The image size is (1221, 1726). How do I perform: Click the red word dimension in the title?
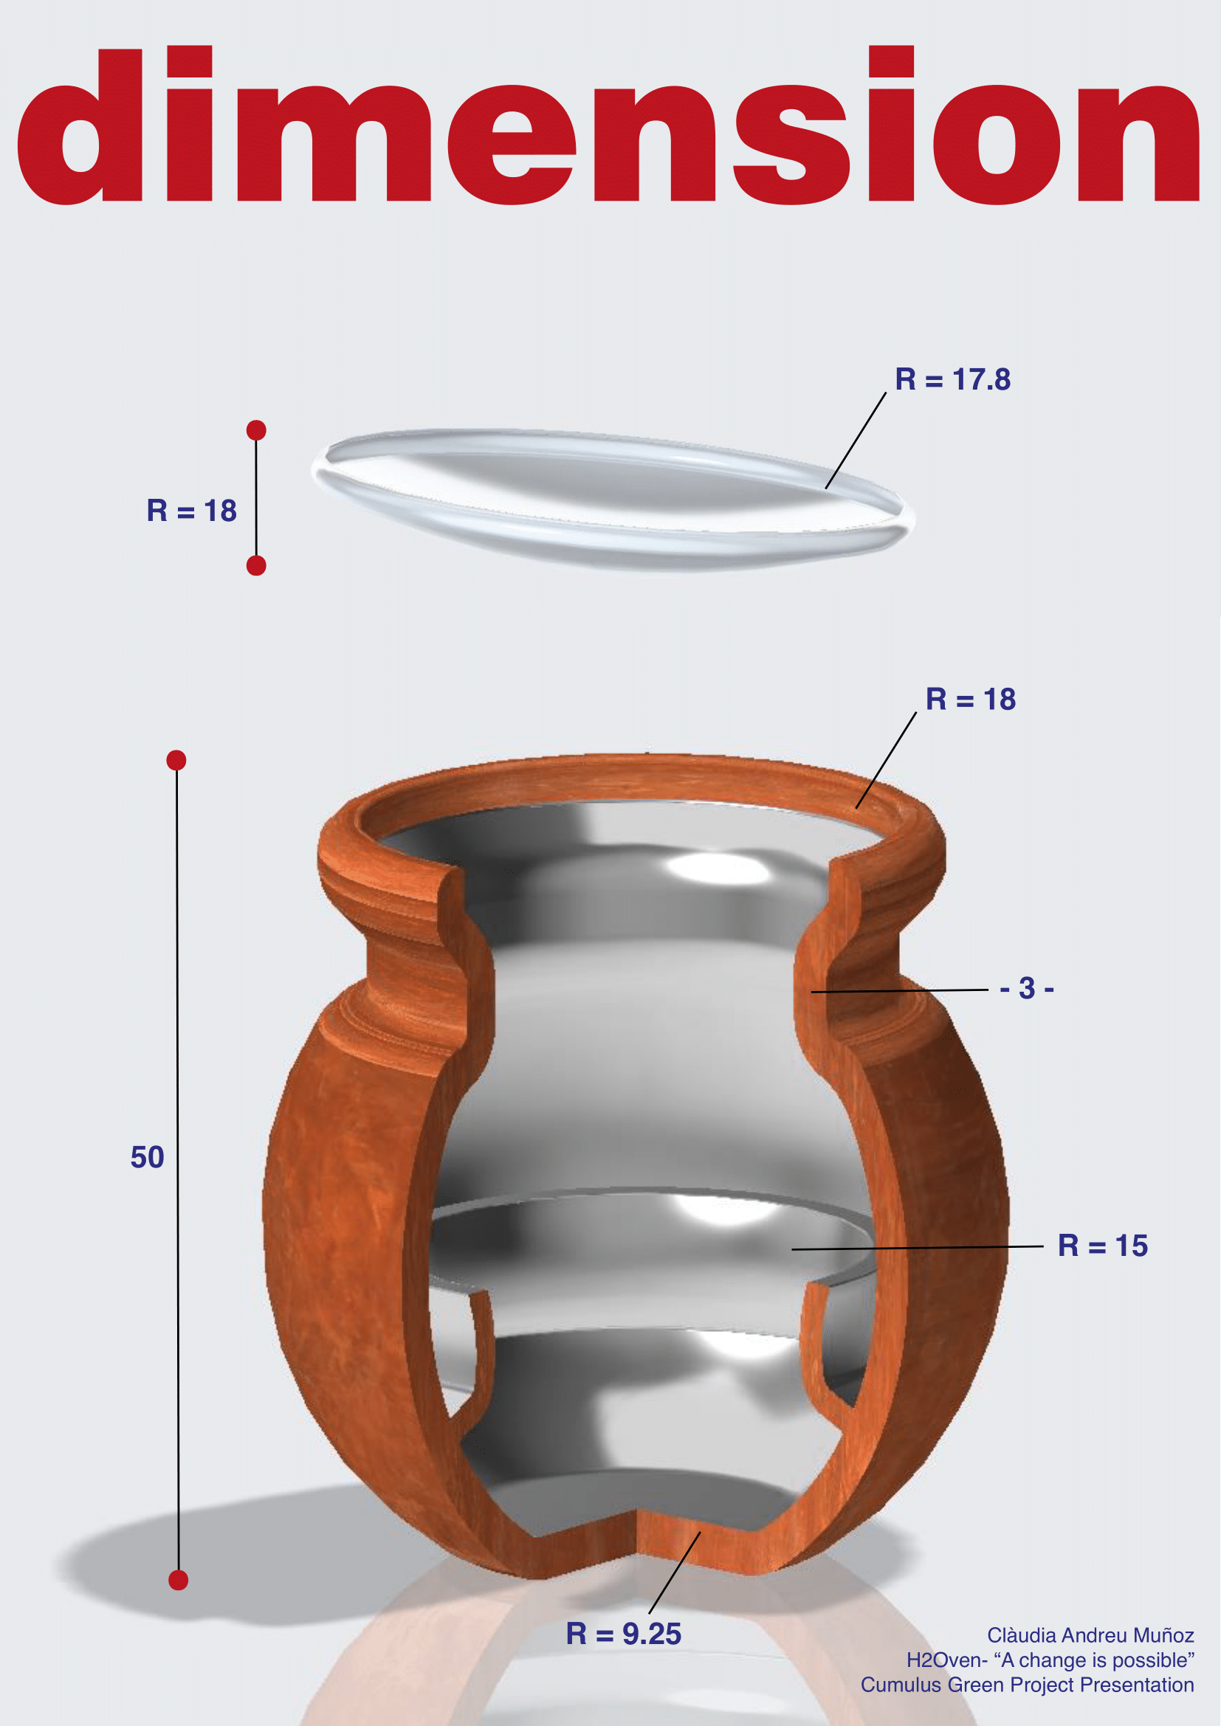tap(608, 125)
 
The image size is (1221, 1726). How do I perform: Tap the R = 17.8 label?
tap(952, 379)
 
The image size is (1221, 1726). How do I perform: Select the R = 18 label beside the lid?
tap(192, 511)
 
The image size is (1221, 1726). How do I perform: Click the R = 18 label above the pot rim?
tap(971, 699)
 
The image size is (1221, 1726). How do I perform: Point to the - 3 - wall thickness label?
tap(1027, 988)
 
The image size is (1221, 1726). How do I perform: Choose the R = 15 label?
tap(1103, 1246)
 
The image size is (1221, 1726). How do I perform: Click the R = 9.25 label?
tap(623, 1634)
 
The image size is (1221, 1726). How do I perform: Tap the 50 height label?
tap(148, 1157)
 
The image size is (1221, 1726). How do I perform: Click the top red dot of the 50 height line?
tap(176, 760)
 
